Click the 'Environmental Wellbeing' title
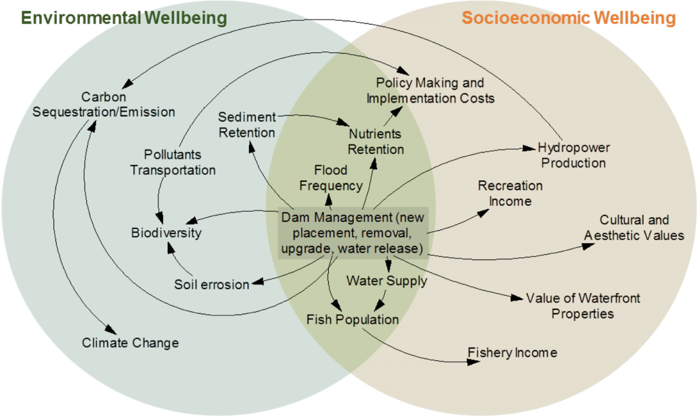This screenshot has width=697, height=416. [x=124, y=18]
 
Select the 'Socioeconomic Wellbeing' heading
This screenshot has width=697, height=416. [x=568, y=18]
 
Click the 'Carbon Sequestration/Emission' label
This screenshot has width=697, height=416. [x=104, y=104]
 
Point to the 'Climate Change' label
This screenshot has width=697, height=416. [x=130, y=343]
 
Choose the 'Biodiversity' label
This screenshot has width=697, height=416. [x=166, y=232]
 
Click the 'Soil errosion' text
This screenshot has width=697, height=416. [x=212, y=284]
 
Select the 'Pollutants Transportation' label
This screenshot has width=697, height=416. [x=172, y=162]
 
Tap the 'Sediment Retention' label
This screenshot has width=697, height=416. [x=247, y=125]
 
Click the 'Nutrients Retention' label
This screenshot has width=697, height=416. [x=375, y=142]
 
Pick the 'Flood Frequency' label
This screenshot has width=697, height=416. [x=331, y=178]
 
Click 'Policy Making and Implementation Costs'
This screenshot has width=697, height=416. [x=430, y=91]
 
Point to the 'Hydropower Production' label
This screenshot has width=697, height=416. [x=573, y=155]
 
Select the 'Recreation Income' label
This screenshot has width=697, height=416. [x=510, y=193]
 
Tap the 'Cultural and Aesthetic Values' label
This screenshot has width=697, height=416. [x=634, y=228]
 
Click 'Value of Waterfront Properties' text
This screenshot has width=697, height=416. [x=583, y=306]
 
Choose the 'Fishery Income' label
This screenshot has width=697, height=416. [x=512, y=353]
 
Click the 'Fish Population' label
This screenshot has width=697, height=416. [x=352, y=319]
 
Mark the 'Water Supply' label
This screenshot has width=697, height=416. [x=386, y=280]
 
